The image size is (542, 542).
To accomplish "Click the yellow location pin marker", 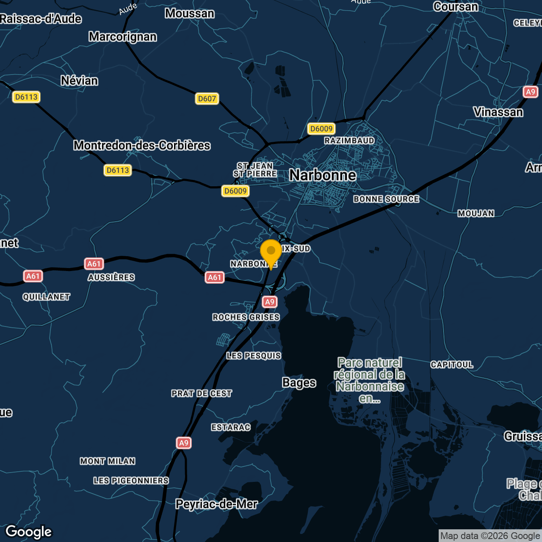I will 271,252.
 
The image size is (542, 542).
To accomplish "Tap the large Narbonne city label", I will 323,175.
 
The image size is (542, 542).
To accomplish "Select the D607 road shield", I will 207,99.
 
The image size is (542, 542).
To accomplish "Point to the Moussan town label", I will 190,14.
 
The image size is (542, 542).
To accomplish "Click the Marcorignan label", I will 123,37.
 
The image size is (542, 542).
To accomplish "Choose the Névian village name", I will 80,80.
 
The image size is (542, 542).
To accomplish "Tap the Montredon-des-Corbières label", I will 142,145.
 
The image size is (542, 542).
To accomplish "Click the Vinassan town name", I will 498,112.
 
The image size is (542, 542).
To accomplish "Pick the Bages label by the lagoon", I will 299,383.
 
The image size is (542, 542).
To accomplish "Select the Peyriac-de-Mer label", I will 216,504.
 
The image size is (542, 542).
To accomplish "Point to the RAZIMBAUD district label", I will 349,141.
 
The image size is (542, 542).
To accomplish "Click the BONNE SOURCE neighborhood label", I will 386,199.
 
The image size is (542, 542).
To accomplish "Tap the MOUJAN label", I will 476,213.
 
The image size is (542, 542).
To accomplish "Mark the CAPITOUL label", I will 452,365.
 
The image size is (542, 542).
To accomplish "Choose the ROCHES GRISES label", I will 246,317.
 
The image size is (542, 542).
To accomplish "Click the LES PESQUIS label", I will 254,356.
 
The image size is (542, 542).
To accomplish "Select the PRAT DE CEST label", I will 202,393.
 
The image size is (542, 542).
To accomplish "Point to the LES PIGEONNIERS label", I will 131,481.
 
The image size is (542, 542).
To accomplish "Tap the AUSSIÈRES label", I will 111,277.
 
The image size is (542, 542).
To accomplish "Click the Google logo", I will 29,532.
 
